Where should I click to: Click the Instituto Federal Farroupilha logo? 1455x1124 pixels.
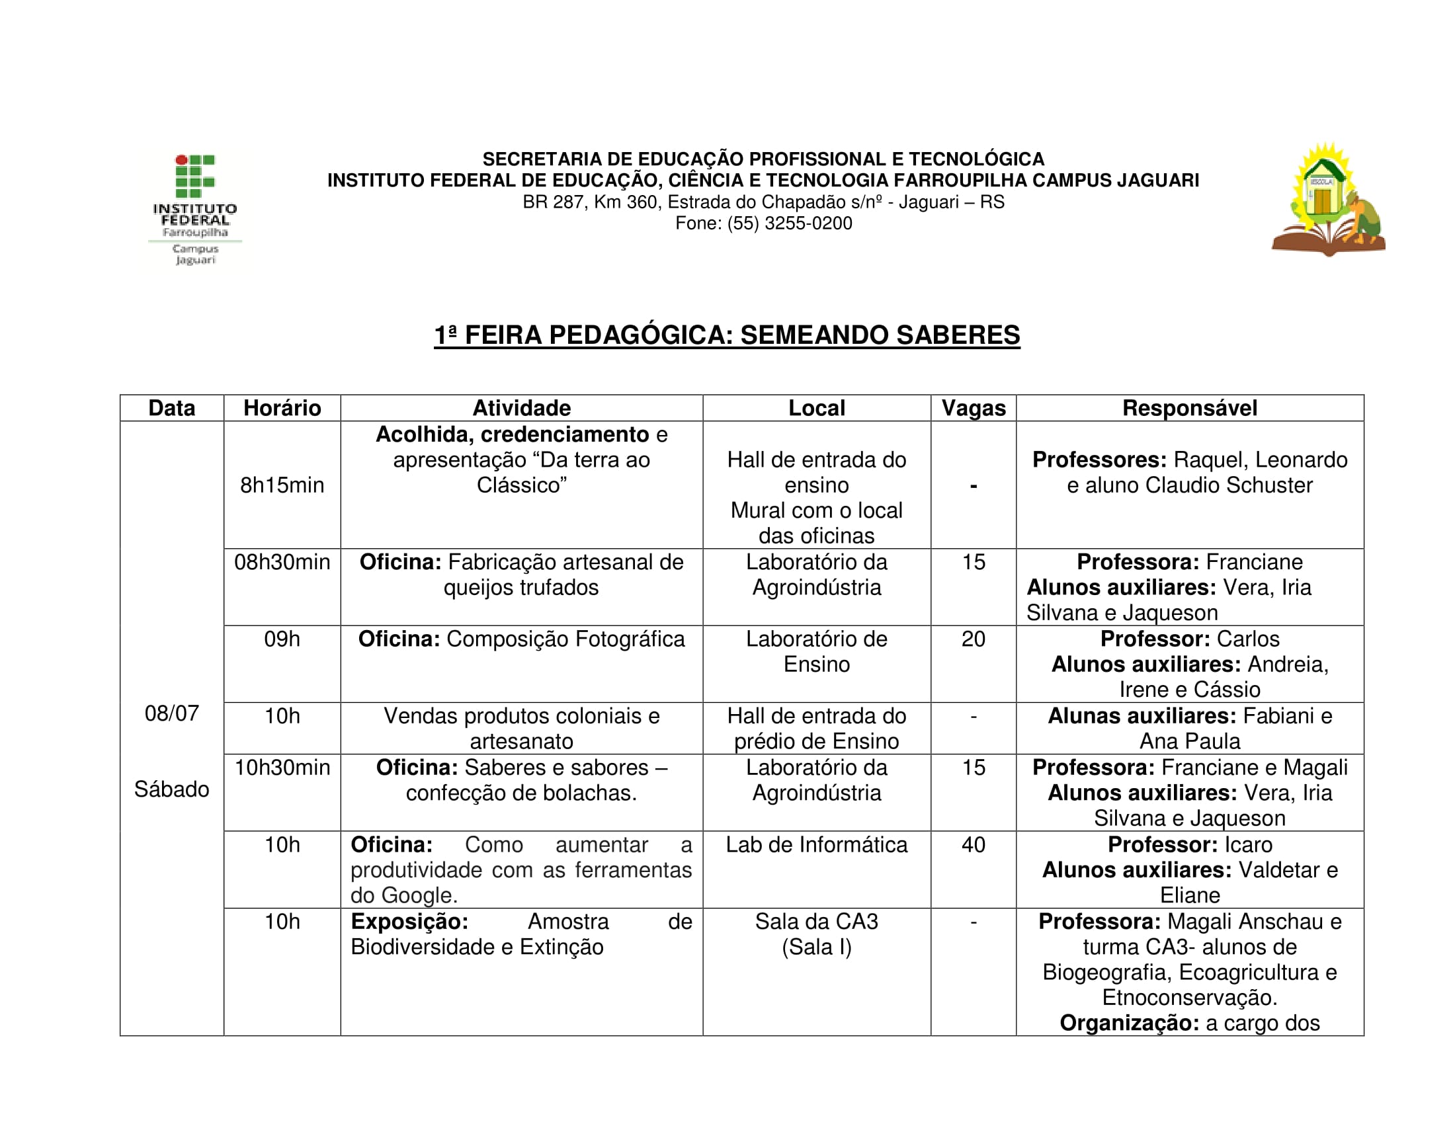pos(194,209)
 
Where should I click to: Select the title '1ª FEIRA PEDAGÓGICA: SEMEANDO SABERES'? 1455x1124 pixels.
pos(727,335)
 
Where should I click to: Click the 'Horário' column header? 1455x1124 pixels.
pos(282,408)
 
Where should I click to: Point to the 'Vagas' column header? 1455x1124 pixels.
pos(973,408)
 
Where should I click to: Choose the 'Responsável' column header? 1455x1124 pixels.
pos(1189,408)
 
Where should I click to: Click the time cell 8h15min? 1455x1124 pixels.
pos(282,485)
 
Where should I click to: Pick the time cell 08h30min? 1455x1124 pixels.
pos(282,563)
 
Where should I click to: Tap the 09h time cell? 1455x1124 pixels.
pos(282,639)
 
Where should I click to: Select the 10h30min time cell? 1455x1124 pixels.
pos(282,768)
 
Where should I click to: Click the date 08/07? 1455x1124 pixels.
pos(172,714)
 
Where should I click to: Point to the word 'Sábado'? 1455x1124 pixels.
pos(172,789)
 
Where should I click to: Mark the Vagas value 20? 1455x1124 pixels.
pos(973,639)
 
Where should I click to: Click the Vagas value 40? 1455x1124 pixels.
pos(973,845)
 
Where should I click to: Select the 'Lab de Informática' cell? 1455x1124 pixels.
pos(816,845)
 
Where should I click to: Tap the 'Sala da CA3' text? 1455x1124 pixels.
pos(816,922)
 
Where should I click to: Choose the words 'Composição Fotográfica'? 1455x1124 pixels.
pos(565,639)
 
